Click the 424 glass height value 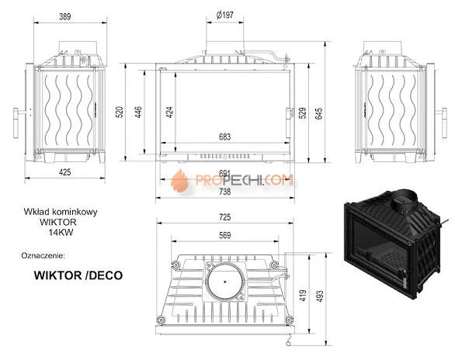168,111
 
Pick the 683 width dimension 224,137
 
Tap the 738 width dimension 224,190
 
